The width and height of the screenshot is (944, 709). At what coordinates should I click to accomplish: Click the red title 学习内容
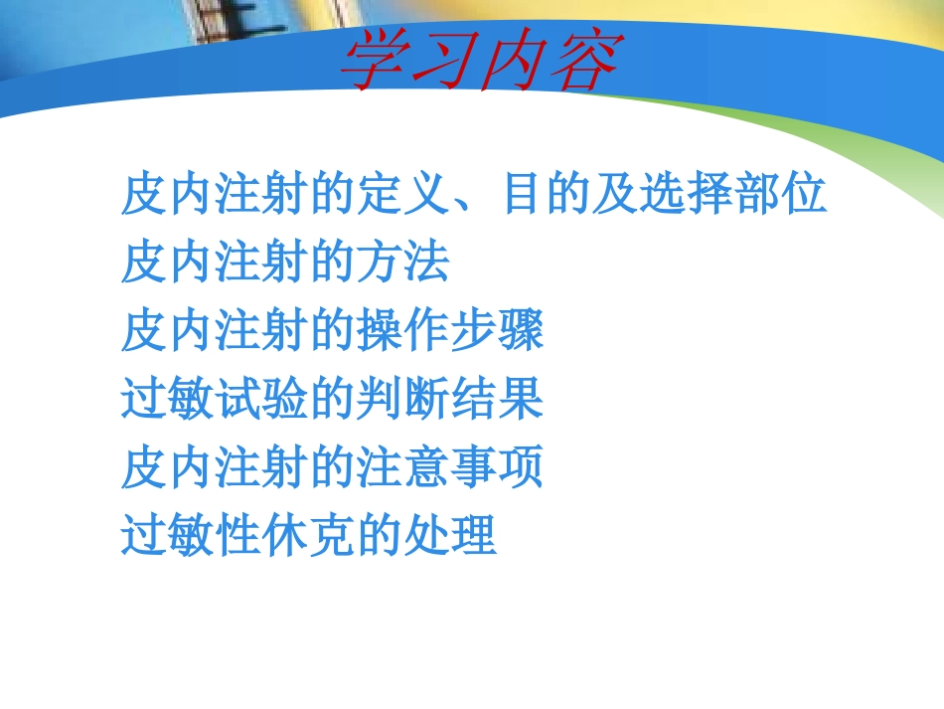click(x=480, y=61)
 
